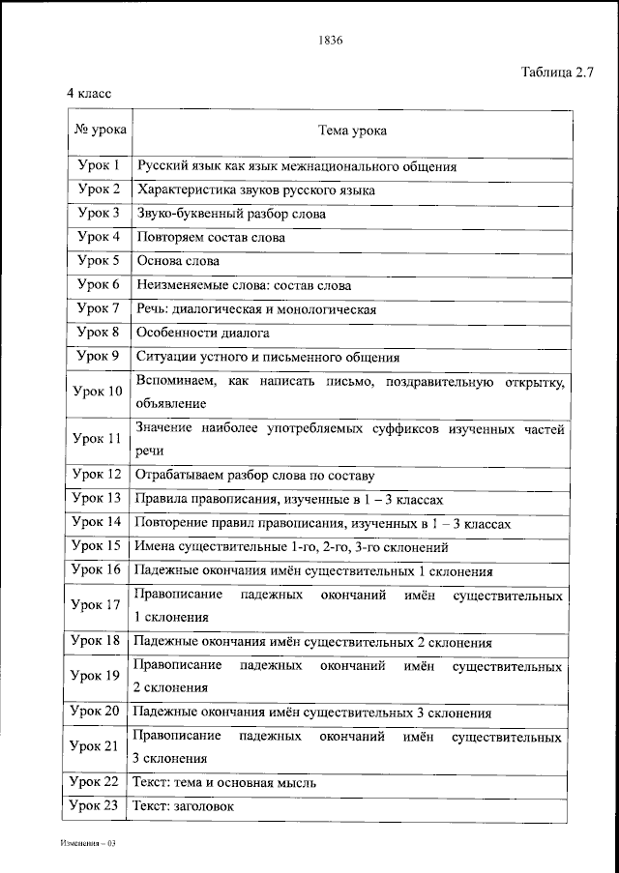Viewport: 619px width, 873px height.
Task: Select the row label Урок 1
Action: point(99,165)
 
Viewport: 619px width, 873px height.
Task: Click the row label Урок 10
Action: point(99,392)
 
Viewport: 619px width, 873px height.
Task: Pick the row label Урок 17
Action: point(99,604)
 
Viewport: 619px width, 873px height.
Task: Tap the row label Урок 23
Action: point(99,804)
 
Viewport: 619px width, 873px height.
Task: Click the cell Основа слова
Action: point(178,261)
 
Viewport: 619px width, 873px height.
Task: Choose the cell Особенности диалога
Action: point(203,333)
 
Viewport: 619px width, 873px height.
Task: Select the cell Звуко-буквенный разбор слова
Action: point(231,214)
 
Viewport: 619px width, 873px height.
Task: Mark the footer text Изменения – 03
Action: point(87,843)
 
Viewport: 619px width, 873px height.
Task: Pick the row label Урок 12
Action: point(99,474)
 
